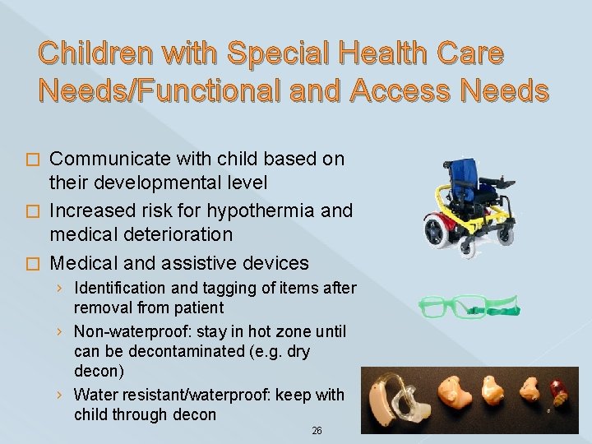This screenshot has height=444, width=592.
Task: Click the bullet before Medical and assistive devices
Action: pyautogui.click(x=32, y=264)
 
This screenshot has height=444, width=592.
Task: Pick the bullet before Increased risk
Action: pyautogui.click(x=32, y=211)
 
